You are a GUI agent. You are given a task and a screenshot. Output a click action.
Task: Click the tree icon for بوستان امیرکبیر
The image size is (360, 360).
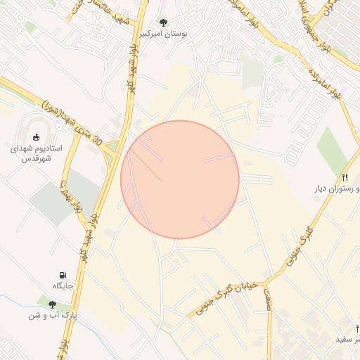pyautogui.click(x=163, y=22)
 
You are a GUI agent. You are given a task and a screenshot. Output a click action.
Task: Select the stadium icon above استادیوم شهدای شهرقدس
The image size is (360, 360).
pyautogui.click(x=37, y=136)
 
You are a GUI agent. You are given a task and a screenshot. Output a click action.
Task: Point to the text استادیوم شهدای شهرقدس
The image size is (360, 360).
pyautogui.click(x=37, y=154)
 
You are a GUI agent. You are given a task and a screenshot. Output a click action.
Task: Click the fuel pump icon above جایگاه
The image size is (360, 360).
pyautogui.click(x=63, y=274)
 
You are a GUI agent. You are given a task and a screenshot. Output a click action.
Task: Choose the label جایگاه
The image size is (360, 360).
pyautogui.click(x=63, y=285)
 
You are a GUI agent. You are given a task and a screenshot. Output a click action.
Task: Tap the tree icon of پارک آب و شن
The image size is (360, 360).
pyautogui.click(x=52, y=304)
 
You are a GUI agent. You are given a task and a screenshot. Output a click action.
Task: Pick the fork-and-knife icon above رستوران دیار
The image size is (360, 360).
pyautogui.click(x=345, y=177)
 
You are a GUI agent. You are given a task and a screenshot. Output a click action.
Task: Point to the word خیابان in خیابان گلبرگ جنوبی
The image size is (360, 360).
pyautogui.click(x=247, y=287)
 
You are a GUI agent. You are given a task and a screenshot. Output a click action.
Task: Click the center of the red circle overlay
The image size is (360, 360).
pyautogui.click(x=180, y=179)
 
